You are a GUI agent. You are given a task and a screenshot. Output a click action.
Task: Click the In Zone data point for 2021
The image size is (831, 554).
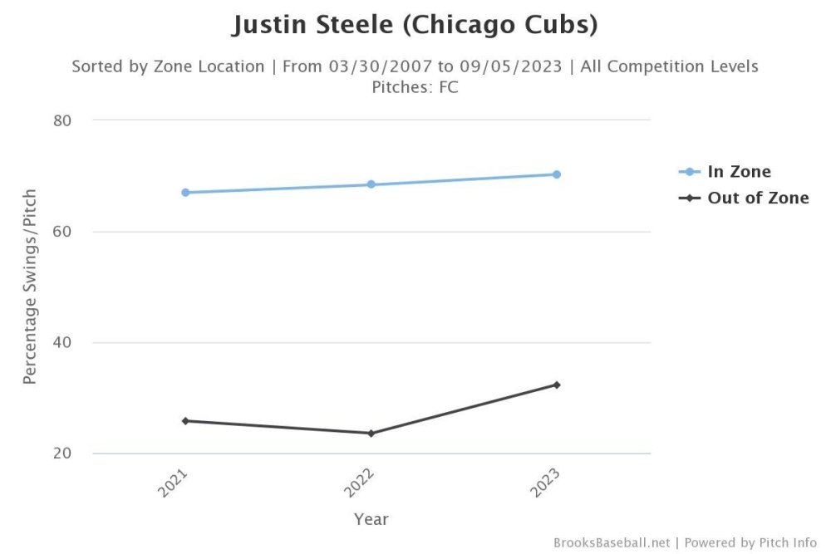(x=185, y=193)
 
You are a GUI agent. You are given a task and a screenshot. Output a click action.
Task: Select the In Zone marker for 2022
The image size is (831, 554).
(x=371, y=184)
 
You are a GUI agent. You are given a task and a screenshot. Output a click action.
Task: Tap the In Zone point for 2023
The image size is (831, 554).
(x=557, y=174)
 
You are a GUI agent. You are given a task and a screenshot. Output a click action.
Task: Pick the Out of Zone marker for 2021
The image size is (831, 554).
(x=185, y=421)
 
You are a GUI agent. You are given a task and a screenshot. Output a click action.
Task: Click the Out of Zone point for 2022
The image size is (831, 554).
(x=371, y=434)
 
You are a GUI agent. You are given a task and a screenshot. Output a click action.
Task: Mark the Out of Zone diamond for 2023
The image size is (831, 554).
(x=557, y=385)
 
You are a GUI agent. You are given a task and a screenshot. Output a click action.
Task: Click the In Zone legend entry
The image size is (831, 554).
(x=738, y=172)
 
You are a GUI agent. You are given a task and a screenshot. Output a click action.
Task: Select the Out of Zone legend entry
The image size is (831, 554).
(x=757, y=199)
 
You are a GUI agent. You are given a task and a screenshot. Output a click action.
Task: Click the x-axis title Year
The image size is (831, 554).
(x=371, y=520)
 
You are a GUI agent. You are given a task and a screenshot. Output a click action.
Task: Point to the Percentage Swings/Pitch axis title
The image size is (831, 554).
(x=30, y=287)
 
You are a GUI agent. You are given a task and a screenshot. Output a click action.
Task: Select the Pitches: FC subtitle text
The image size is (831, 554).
(x=415, y=87)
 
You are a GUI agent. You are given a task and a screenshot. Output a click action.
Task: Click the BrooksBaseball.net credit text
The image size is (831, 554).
(x=611, y=543)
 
